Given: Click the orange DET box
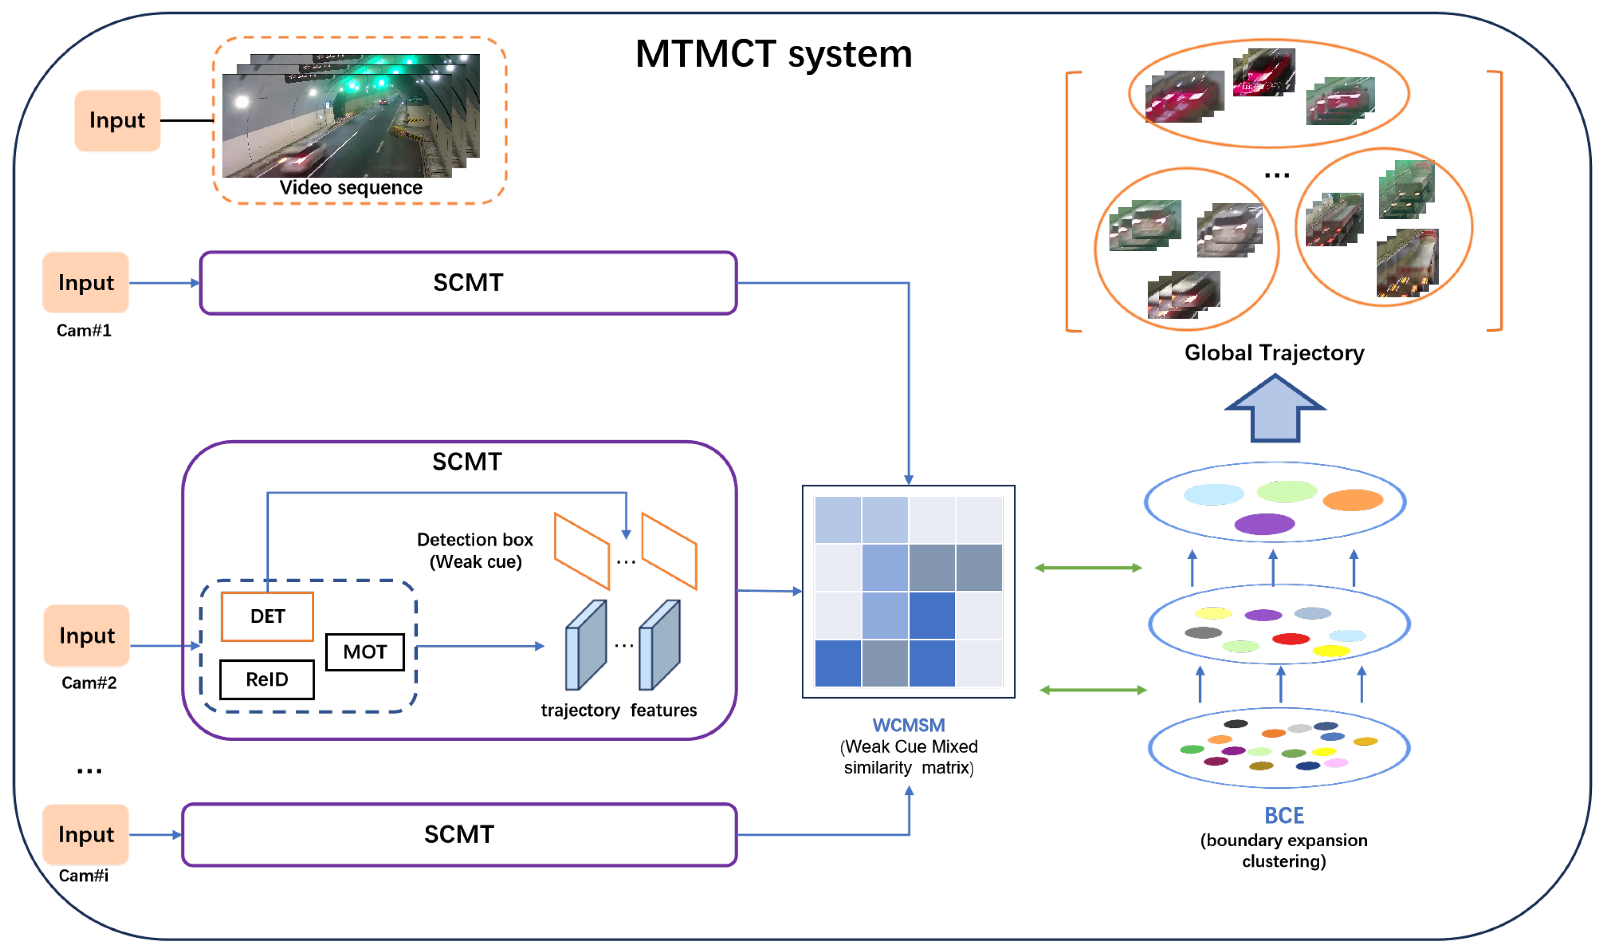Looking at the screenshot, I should point(267,616).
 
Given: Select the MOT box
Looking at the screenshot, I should point(365,652).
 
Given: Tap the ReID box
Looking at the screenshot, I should point(267,679).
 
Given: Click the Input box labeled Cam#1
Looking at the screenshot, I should point(86,282).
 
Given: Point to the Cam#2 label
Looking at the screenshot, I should point(89,683).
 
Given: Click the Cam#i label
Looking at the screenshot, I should point(84,875).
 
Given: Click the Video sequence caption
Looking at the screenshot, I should point(351,188).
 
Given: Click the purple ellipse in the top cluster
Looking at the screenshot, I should point(1264,524).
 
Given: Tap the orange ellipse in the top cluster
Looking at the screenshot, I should point(1352,500).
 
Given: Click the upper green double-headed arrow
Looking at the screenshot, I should point(1088,567).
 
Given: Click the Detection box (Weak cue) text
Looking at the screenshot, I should point(475,550).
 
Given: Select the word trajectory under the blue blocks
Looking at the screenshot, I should point(580,710).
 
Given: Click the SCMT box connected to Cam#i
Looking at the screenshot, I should point(459,834).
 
